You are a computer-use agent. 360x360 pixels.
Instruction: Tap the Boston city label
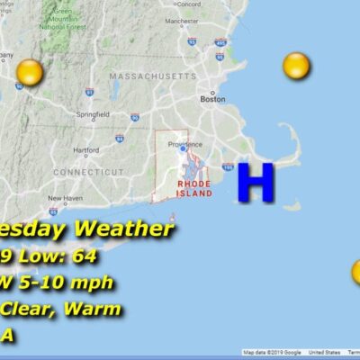coord(212,99)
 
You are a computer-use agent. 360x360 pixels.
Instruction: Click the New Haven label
coord(65,198)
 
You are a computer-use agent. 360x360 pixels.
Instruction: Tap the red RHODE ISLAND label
coord(194,187)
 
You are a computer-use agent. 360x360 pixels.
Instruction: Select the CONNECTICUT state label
coord(87,171)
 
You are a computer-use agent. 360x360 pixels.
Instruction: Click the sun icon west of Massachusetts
coord(31,73)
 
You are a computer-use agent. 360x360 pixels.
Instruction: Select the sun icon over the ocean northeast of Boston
coord(296,65)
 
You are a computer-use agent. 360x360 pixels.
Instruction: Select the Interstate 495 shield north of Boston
coord(220,42)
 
